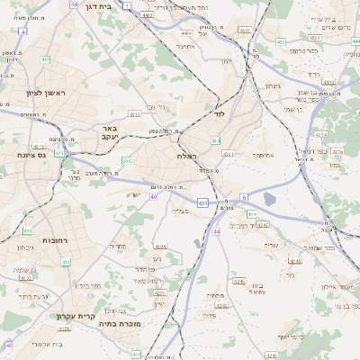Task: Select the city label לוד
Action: (x=219, y=115)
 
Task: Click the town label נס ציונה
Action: (x=30, y=155)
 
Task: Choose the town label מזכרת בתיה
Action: (x=118, y=323)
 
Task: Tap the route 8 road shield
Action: (x=244, y=197)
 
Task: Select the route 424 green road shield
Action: (x=251, y=214)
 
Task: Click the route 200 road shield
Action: (x=127, y=160)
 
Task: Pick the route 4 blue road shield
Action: (x=22, y=31)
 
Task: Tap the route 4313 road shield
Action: (x=134, y=114)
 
